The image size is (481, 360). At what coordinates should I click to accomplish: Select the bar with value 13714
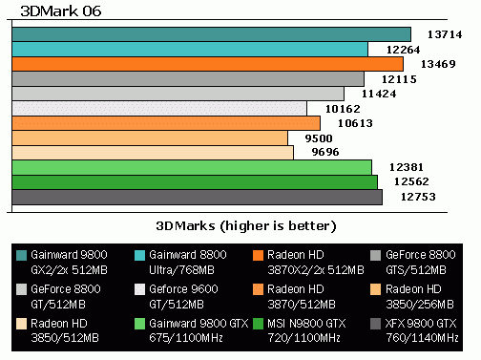pyautogui.click(x=211, y=34)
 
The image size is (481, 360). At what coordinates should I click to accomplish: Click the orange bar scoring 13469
pyautogui.click(x=207, y=64)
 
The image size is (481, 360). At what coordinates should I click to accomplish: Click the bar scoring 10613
pyautogui.click(x=166, y=123)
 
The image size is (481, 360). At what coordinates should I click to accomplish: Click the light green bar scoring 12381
pyautogui.click(x=192, y=168)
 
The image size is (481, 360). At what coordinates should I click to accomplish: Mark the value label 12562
pyautogui.click(x=401, y=182)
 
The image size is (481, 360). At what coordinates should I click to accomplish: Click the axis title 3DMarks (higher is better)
pyautogui.click(x=246, y=226)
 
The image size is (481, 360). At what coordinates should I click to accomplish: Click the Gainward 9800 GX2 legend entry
pyautogui.click(x=69, y=262)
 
